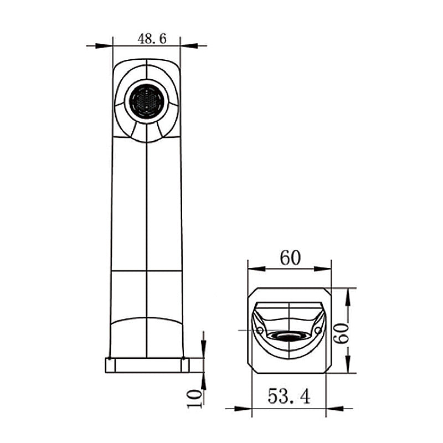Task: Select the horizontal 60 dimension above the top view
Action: (x=289, y=258)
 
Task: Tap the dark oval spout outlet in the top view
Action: (x=287, y=336)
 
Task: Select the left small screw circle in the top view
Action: (x=260, y=331)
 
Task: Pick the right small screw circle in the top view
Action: (x=317, y=331)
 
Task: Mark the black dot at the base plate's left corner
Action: (x=110, y=359)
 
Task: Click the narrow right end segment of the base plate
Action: (x=186, y=365)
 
